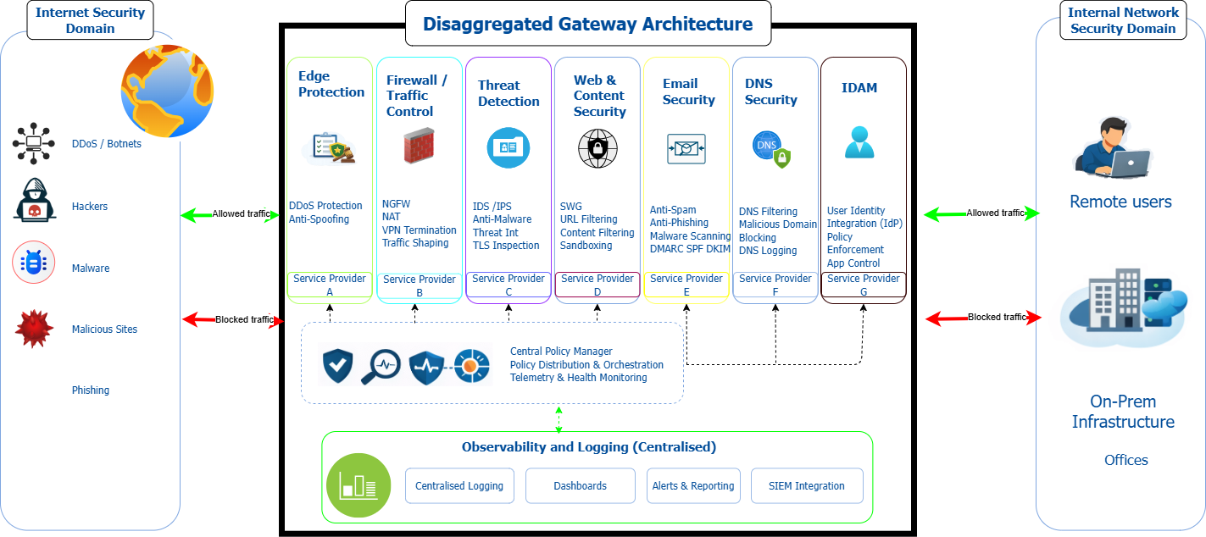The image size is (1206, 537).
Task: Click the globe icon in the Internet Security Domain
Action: (x=167, y=91)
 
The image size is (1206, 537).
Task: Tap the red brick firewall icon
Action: (x=419, y=146)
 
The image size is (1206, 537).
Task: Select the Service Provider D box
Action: (x=597, y=284)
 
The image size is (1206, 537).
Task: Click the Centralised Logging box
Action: (x=459, y=485)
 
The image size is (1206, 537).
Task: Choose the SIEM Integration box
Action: (x=807, y=485)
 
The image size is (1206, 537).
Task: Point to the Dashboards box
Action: (x=580, y=485)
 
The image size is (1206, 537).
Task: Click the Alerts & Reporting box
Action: (x=693, y=485)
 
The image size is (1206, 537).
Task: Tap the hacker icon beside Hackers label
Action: (x=35, y=200)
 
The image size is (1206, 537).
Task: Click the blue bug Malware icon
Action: (x=33, y=263)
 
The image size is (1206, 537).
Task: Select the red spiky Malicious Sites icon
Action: (x=34, y=329)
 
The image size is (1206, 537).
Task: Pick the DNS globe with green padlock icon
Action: (x=771, y=149)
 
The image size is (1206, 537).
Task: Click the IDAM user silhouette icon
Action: (x=859, y=142)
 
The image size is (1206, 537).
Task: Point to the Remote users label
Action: (x=1120, y=202)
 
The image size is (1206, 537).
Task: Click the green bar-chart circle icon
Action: (x=358, y=485)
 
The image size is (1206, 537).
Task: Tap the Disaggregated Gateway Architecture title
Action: (x=587, y=24)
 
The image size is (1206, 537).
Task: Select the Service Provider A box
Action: (x=330, y=284)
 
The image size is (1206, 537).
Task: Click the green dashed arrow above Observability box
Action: (x=559, y=420)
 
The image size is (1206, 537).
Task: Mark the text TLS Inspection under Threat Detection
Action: (x=506, y=246)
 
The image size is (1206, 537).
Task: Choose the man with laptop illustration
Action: (x=1112, y=147)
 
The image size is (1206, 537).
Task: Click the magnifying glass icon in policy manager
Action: (x=381, y=367)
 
